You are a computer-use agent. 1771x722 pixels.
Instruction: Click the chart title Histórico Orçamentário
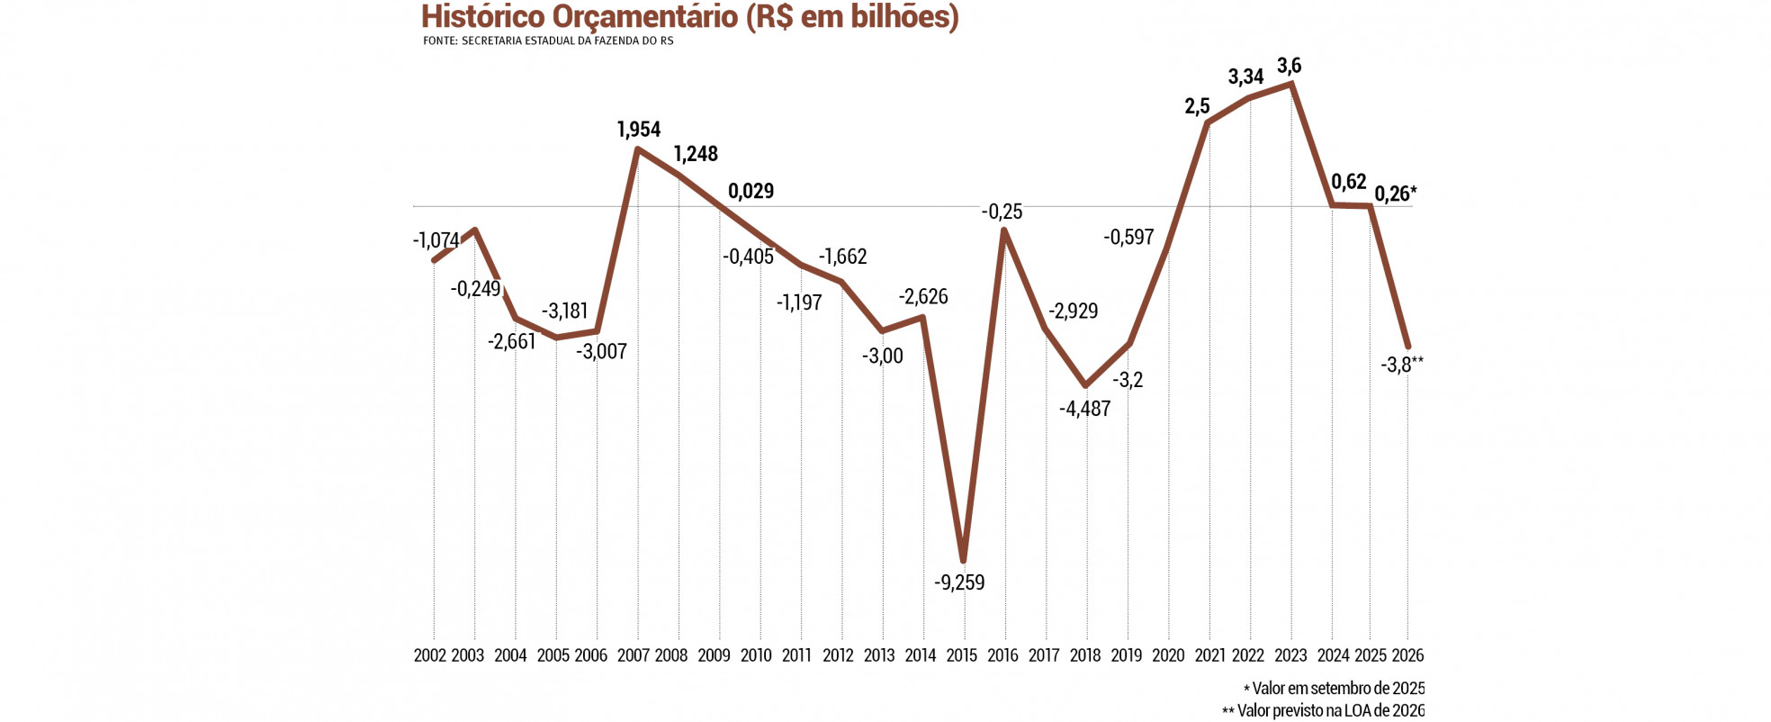(x=689, y=17)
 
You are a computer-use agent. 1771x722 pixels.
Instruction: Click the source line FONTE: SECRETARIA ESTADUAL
(x=548, y=41)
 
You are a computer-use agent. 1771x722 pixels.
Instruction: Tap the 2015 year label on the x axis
(x=961, y=655)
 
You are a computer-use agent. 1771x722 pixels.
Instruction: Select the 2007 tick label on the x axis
(x=633, y=655)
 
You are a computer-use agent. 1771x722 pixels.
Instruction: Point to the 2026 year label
(x=1407, y=655)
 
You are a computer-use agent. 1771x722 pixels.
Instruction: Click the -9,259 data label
(x=959, y=582)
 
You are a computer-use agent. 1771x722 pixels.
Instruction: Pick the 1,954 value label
(x=639, y=130)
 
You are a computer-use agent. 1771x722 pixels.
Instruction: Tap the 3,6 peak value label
(x=1289, y=66)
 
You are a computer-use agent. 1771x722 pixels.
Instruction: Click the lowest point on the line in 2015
(x=963, y=559)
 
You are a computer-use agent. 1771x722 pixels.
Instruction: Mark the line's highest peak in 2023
(x=1291, y=84)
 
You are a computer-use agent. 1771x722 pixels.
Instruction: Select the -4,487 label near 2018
(x=1084, y=409)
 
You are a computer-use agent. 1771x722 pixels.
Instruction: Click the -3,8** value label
(x=1401, y=365)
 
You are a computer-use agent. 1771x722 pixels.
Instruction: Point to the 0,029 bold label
(x=751, y=191)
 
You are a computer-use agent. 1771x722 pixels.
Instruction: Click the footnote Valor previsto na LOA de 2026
(x=1323, y=711)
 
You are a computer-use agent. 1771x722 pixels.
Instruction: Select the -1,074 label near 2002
(x=436, y=240)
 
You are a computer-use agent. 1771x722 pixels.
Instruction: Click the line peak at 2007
(x=637, y=149)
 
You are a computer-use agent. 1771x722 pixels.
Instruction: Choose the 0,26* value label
(x=1395, y=194)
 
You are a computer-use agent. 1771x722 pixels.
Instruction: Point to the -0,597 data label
(x=1128, y=238)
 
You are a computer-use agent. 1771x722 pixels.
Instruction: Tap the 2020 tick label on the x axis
(x=1168, y=655)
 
